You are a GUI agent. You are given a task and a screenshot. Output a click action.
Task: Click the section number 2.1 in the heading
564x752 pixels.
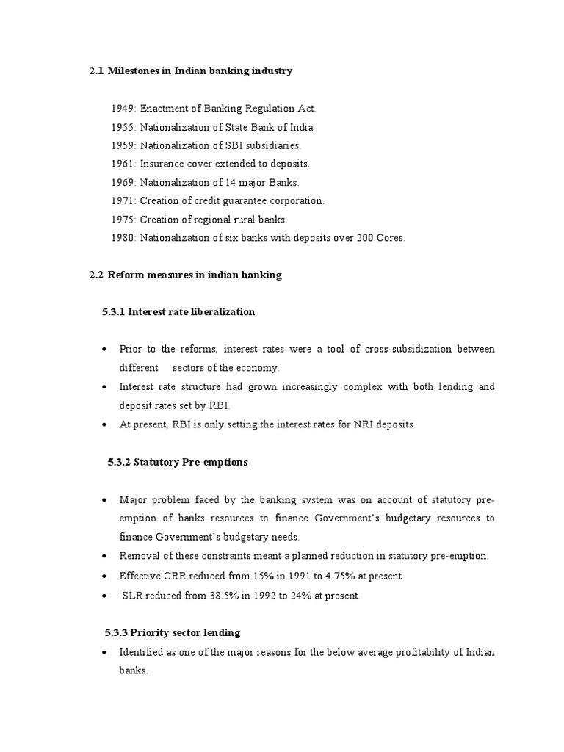coord(96,71)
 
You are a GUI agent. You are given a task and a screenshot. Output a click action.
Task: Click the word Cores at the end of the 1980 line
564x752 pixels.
coord(390,237)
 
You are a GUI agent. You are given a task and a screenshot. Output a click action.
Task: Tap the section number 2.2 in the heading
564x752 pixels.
coord(96,275)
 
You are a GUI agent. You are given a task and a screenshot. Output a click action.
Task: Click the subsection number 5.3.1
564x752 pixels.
coord(113,312)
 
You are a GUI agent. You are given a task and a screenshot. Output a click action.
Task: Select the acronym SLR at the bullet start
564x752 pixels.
coord(132,596)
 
